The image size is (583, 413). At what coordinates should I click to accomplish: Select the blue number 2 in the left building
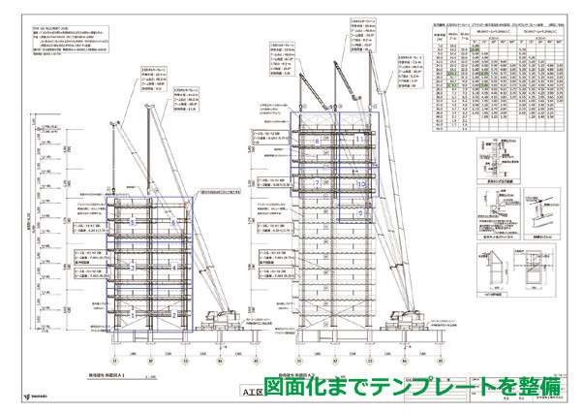(174, 314)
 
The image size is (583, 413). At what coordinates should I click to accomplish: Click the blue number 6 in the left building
(174, 223)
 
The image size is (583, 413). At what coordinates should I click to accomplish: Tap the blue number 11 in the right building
(359, 140)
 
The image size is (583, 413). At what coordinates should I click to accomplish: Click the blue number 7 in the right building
(318, 182)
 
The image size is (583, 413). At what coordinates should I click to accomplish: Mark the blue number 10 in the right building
(359, 182)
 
